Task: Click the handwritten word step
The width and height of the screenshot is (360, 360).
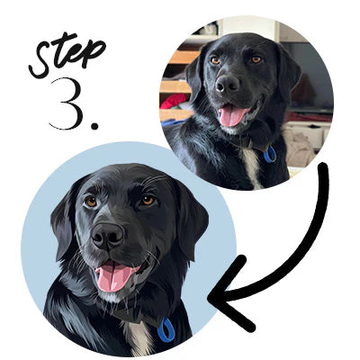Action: click(67, 56)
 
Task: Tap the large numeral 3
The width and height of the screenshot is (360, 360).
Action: click(67, 103)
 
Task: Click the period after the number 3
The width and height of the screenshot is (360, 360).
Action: click(94, 125)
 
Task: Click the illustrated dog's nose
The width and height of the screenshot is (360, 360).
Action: click(107, 237)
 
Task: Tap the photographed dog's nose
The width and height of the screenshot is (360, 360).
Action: click(227, 84)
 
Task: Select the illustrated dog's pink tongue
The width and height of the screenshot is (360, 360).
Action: click(113, 276)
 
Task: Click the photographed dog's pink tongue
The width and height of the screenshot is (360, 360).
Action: click(231, 115)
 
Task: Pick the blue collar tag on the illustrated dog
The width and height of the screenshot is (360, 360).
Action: click(166, 330)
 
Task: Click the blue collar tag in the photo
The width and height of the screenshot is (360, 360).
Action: click(270, 154)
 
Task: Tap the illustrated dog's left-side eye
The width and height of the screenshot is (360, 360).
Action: click(91, 202)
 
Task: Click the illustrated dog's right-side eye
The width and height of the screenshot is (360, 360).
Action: click(148, 200)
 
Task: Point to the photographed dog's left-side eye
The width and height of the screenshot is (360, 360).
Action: click(215, 60)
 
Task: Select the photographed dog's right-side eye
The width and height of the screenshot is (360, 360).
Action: click(256, 59)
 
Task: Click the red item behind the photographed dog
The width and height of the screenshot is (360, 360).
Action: click(175, 101)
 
